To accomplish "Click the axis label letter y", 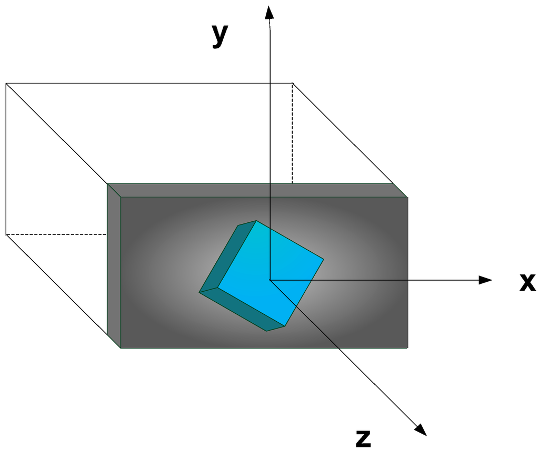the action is click(220, 35).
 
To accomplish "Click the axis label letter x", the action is click(527, 282).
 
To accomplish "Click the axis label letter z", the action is click(363, 437).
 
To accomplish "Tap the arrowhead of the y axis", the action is click(269, 12).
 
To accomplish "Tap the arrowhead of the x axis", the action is click(486, 280).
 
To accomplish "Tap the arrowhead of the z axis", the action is click(421, 429).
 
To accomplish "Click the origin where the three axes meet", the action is click(269, 280).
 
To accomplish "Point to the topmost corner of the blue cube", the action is click(256, 221).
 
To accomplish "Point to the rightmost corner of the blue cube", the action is click(323, 259).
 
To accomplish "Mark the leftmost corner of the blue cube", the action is click(199, 292).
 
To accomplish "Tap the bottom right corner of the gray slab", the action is click(407, 347).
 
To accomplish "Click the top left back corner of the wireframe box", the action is click(6, 83).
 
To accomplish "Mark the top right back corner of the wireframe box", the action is click(293, 83).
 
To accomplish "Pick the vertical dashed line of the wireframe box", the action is click(293, 131).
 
